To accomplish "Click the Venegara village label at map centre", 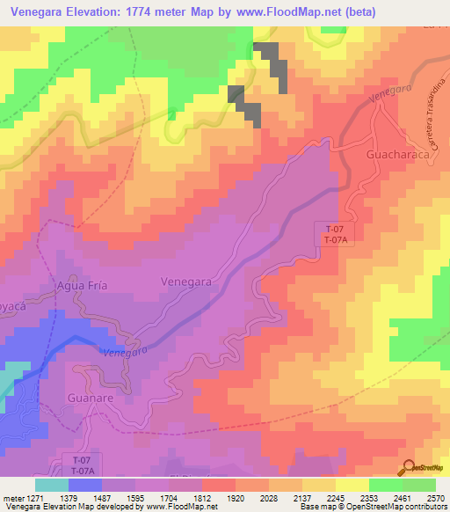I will pos(186,282).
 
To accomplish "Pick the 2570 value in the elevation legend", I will pos(436,499).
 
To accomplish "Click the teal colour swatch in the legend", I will pos(52,485).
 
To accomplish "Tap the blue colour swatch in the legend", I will pos(84,485).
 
